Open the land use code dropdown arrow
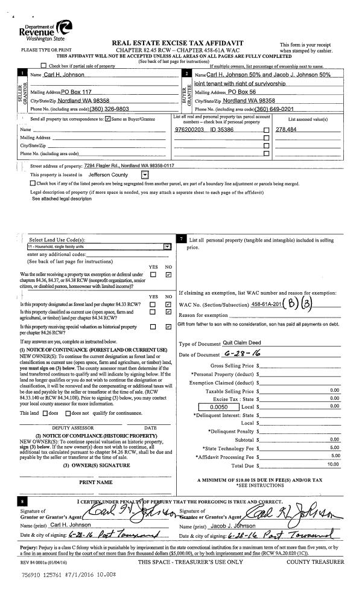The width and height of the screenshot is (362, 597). click(x=167, y=246)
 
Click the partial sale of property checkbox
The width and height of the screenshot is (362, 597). click(x=43, y=65)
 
